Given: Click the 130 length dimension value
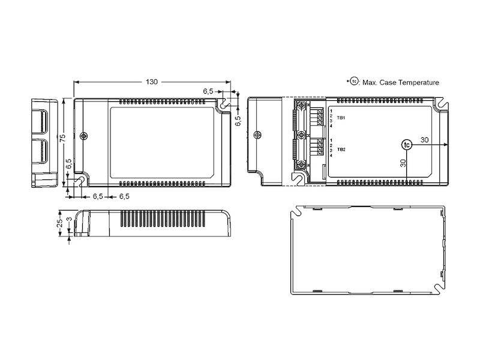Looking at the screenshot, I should point(151,81).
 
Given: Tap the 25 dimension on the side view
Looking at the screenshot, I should point(60,223).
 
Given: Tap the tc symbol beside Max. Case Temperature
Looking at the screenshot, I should point(354,82).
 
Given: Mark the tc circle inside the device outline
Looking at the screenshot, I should point(407,145).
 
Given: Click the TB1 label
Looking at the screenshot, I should point(341,118).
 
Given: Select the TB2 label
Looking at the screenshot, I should point(341,149).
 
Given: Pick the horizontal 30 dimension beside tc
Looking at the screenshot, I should point(424,140).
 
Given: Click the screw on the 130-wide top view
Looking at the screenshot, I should point(84,136).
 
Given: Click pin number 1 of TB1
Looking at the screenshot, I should point(331,111).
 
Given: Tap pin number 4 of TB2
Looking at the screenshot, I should point(331,156).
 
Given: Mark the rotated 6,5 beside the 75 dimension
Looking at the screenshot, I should point(70,163).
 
